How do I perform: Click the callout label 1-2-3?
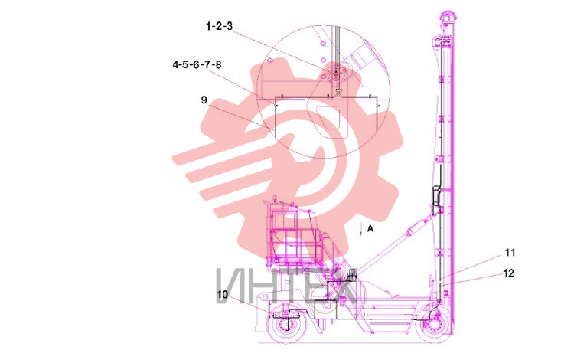[x=220, y=26]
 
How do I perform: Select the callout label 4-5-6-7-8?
[x=197, y=65]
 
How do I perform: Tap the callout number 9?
[x=204, y=100]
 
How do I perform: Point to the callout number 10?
[x=223, y=294]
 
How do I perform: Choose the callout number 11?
[x=510, y=252]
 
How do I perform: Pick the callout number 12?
[x=509, y=273]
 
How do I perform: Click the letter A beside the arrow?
[x=370, y=228]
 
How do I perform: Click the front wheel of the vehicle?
[x=285, y=324]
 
